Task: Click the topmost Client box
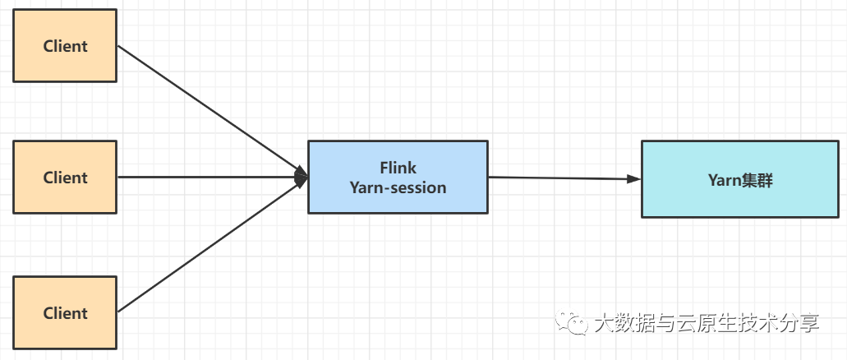pyautogui.click(x=65, y=46)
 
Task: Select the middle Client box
pyautogui.click(x=65, y=178)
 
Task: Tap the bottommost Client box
pyautogui.click(x=65, y=313)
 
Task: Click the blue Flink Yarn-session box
pyautogui.click(x=398, y=178)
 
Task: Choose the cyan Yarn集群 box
pyautogui.click(x=740, y=179)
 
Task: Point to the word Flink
pyautogui.click(x=398, y=168)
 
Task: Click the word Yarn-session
pyautogui.click(x=398, y=187)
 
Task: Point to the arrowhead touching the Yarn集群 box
pyautogui.click(x=633, y=178)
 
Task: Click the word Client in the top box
pyautogui.click(x=65, y=46)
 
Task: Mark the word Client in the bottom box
pyautogui.click(x=65, y=313)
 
